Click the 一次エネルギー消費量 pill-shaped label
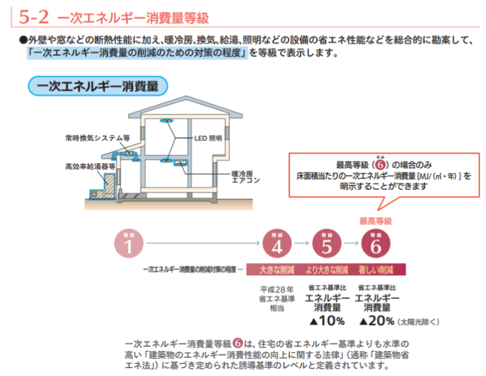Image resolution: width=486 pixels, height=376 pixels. (x=97, y=86)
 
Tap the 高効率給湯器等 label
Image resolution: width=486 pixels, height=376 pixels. (x=90, y=166)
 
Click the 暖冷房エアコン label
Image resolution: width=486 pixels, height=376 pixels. (x=246, y=177)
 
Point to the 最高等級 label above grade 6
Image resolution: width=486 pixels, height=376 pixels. (x=376, y=221)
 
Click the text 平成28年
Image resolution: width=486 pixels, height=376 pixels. (x=277, y=288)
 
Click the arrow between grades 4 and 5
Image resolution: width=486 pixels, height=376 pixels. (x=302, y=243)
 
